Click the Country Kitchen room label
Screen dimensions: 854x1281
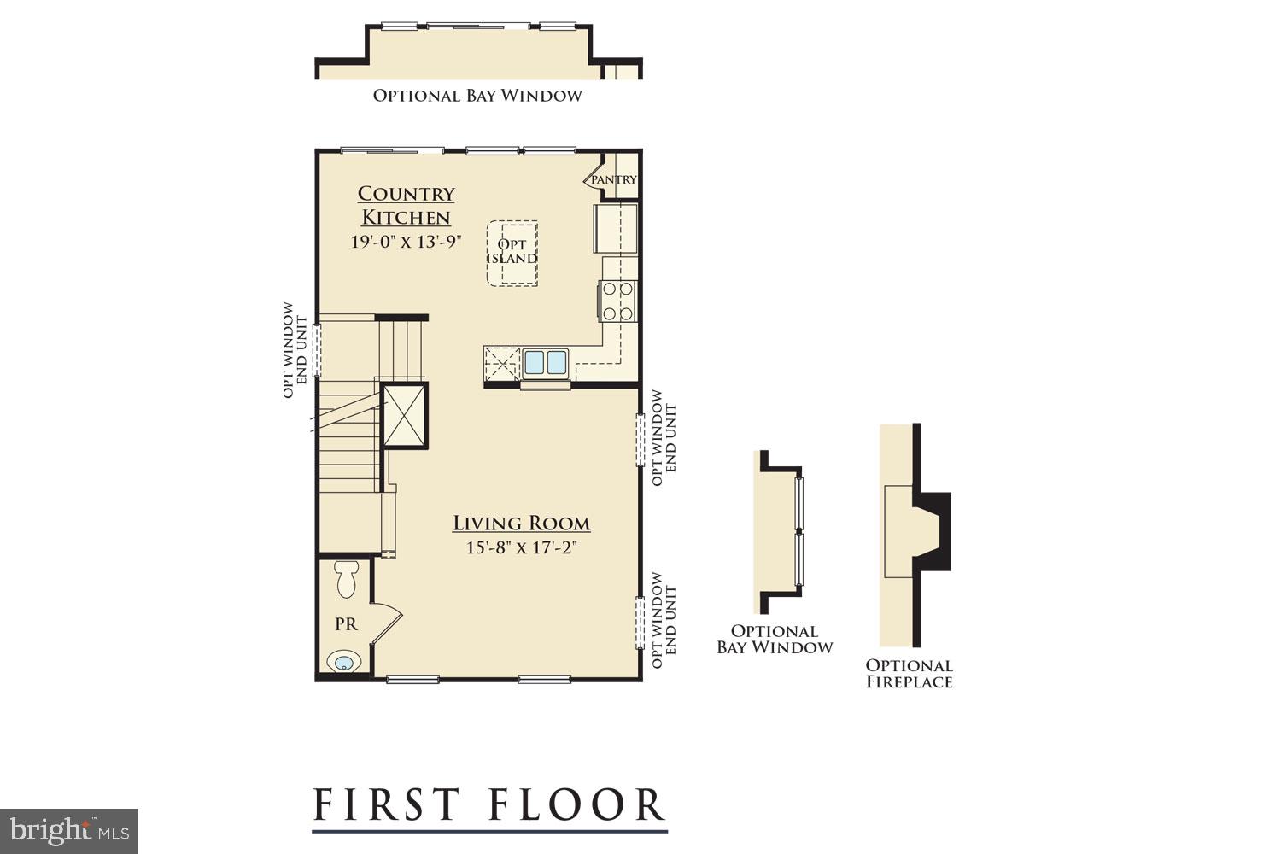[x=406, y=205]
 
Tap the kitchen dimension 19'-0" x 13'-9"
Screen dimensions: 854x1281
[x=406, y=242]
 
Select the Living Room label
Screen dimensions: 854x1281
[x=521, y=524]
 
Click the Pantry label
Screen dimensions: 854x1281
[x=614, y=179]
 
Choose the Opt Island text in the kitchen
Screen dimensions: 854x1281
[x=512, y=252]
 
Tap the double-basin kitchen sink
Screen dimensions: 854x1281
[x=546, y=362]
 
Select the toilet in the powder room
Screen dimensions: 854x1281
[x=347, y=579]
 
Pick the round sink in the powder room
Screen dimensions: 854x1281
[x=344, y=662]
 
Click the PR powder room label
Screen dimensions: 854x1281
[x=346, y=624]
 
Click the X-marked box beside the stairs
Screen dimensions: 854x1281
[x=405, y=416]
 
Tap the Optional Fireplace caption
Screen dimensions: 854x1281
[x=909, y=674]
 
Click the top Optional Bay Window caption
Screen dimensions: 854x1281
[x=477, y=96]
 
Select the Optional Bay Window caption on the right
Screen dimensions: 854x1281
[x=775, y=640]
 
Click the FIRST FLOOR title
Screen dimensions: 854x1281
[x=488, y=804]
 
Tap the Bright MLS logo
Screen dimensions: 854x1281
[x=68, y=830]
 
